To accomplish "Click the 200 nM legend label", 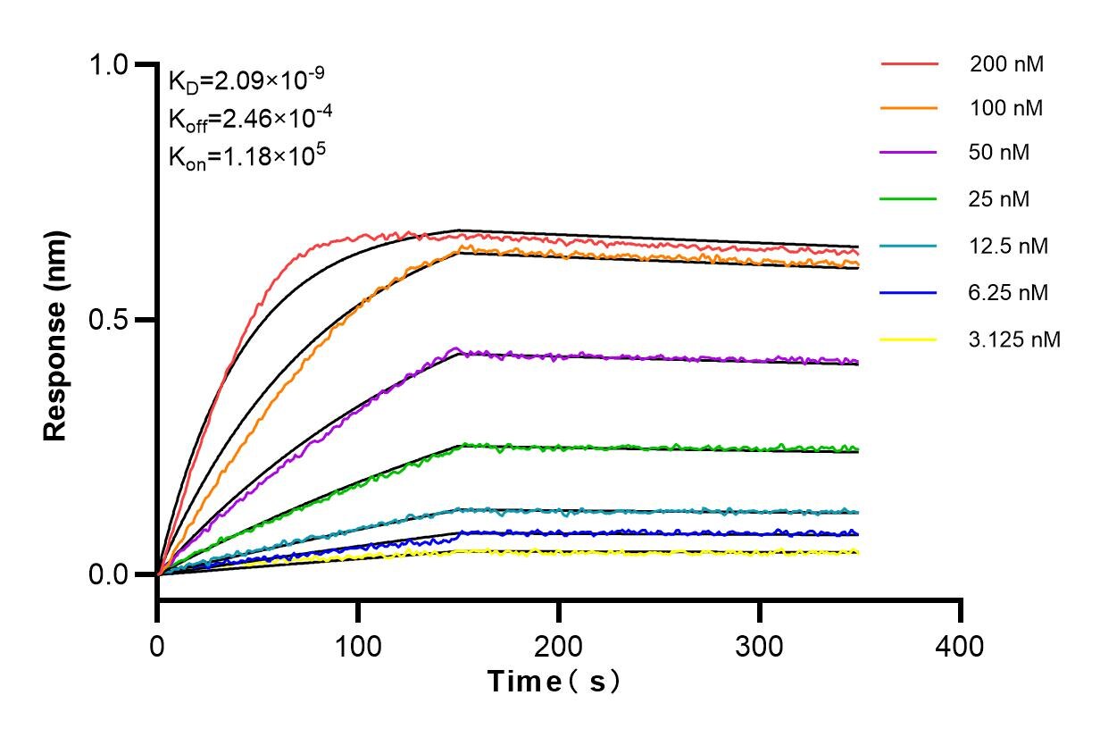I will pyautogui.click(x=1006, y=64).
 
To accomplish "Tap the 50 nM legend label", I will pyautogui.click(x=999, y=153).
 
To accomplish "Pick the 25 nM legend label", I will pyautogui.click(x=999, y=199).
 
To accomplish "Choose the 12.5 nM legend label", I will pyautogui.click(x=1009, y=246).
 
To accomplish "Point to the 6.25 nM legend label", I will pyautogui.click(x=1009, y=292).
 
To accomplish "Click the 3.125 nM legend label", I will pyautogui.click(x=1014, y=339).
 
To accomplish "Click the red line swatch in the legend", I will pyautogui.click(x=909, y=64).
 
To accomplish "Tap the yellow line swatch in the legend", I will pyautogui.click(x=909, y=339).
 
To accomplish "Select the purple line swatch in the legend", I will pyautogui.click(x=909, y=153).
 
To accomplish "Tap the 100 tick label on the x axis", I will pyautogui.click(x=358, y=645).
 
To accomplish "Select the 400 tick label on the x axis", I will pyautogui.click(x=961, y=645).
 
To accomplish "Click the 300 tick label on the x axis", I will pyautogui.click(x=760, y=645).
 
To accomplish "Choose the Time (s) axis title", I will pyautogui.click(x=554, y=682).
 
